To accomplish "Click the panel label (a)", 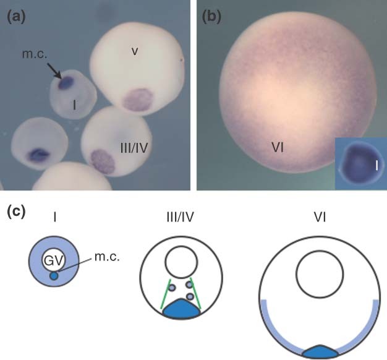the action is point(16,18).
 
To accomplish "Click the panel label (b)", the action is point(211,18).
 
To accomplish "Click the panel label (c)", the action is point(16,212).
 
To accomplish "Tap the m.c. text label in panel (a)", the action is point(34,54).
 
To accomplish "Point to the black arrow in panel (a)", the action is point(54,71).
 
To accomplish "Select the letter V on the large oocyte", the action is point(135,51).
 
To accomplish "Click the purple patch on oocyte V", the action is point(138,100).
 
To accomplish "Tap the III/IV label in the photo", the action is point(134,148).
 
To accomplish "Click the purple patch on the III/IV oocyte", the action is point(103,161).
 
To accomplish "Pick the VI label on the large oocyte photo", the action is point(278,148).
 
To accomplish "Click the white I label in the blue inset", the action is point(376,165).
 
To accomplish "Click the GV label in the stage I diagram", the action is point(54,260).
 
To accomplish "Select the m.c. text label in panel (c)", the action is point(107,257).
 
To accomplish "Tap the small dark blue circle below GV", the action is point(54,275).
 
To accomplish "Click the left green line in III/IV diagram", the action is point(166,294).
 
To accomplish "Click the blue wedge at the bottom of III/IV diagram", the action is point(181,309).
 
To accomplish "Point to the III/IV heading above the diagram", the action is point(181,217).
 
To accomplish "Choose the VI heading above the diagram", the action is point(320,217).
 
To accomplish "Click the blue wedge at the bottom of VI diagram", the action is point(320,351).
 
